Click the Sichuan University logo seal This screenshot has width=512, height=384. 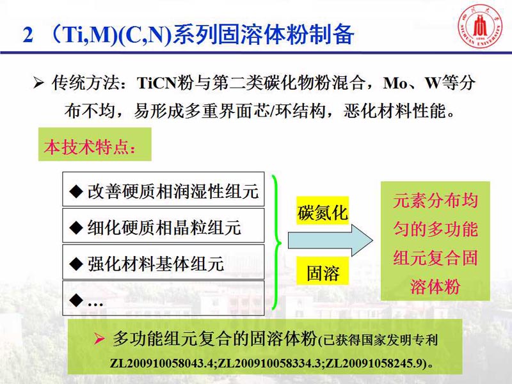pos(480,26)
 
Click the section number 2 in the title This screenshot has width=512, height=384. pos(28,34)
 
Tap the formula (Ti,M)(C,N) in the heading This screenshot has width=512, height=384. pos(111,35)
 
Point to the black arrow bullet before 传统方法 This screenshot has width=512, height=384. pos(38,83)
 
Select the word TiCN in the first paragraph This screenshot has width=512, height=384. pos(157,83)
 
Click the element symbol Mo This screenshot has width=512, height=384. pos(395,83)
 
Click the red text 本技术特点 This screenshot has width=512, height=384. pos(90,147)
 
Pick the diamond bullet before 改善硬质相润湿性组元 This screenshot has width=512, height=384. pos(76,191)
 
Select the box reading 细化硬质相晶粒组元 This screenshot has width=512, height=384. pos(163,226)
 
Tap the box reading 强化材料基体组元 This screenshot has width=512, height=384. pos(163,262)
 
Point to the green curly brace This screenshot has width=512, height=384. pos(276,243)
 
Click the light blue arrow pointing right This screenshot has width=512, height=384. pos(330,241)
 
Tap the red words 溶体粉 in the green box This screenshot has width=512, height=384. pos(435,286)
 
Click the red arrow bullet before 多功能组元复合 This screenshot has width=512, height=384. pos(99,339)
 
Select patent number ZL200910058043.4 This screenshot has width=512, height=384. pos(162,363)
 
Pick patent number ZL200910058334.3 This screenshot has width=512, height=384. pos(269,363)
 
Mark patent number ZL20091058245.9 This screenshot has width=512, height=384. pos(374,363)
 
